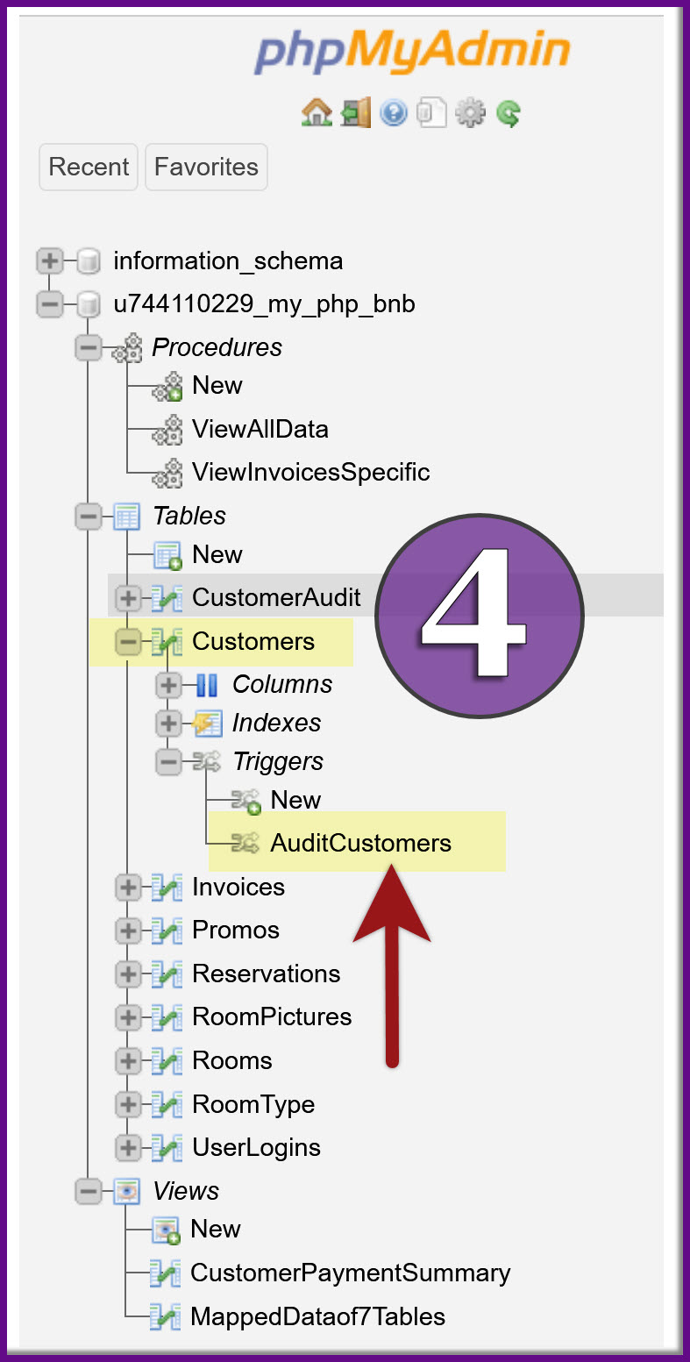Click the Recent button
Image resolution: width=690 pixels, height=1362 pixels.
tap(89, 167)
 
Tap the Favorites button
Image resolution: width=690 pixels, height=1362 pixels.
tap(206, 167)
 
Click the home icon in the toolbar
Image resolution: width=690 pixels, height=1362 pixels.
tap(317, 113)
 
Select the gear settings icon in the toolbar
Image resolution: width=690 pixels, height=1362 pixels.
tap(471, 113)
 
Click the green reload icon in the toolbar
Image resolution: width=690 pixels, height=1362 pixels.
tap(509, 113)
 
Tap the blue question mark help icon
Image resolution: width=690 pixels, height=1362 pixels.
tap(394, 113)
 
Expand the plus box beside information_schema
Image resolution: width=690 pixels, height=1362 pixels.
tap(50, 261)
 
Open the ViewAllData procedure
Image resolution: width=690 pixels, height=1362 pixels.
tap(260, 429)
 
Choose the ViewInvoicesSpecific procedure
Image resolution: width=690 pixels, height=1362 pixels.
tap(310, 472)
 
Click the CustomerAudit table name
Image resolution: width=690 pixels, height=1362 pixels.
tap(276, 598)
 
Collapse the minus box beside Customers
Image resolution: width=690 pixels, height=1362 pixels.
tap(128, 642)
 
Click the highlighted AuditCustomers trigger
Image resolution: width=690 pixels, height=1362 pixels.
tap(360, 843)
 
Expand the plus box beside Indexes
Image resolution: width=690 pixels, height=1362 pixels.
tap(168, 724)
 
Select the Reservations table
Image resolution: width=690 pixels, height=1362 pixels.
tap(266, 973)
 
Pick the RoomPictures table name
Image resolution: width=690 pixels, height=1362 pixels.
tap(272, 1016)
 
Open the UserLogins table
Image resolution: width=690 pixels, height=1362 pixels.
tap(256, 1147)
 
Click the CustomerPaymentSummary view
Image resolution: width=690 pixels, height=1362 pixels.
tap(350, 1273)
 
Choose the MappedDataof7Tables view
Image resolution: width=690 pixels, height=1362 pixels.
tap(317, 1316)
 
